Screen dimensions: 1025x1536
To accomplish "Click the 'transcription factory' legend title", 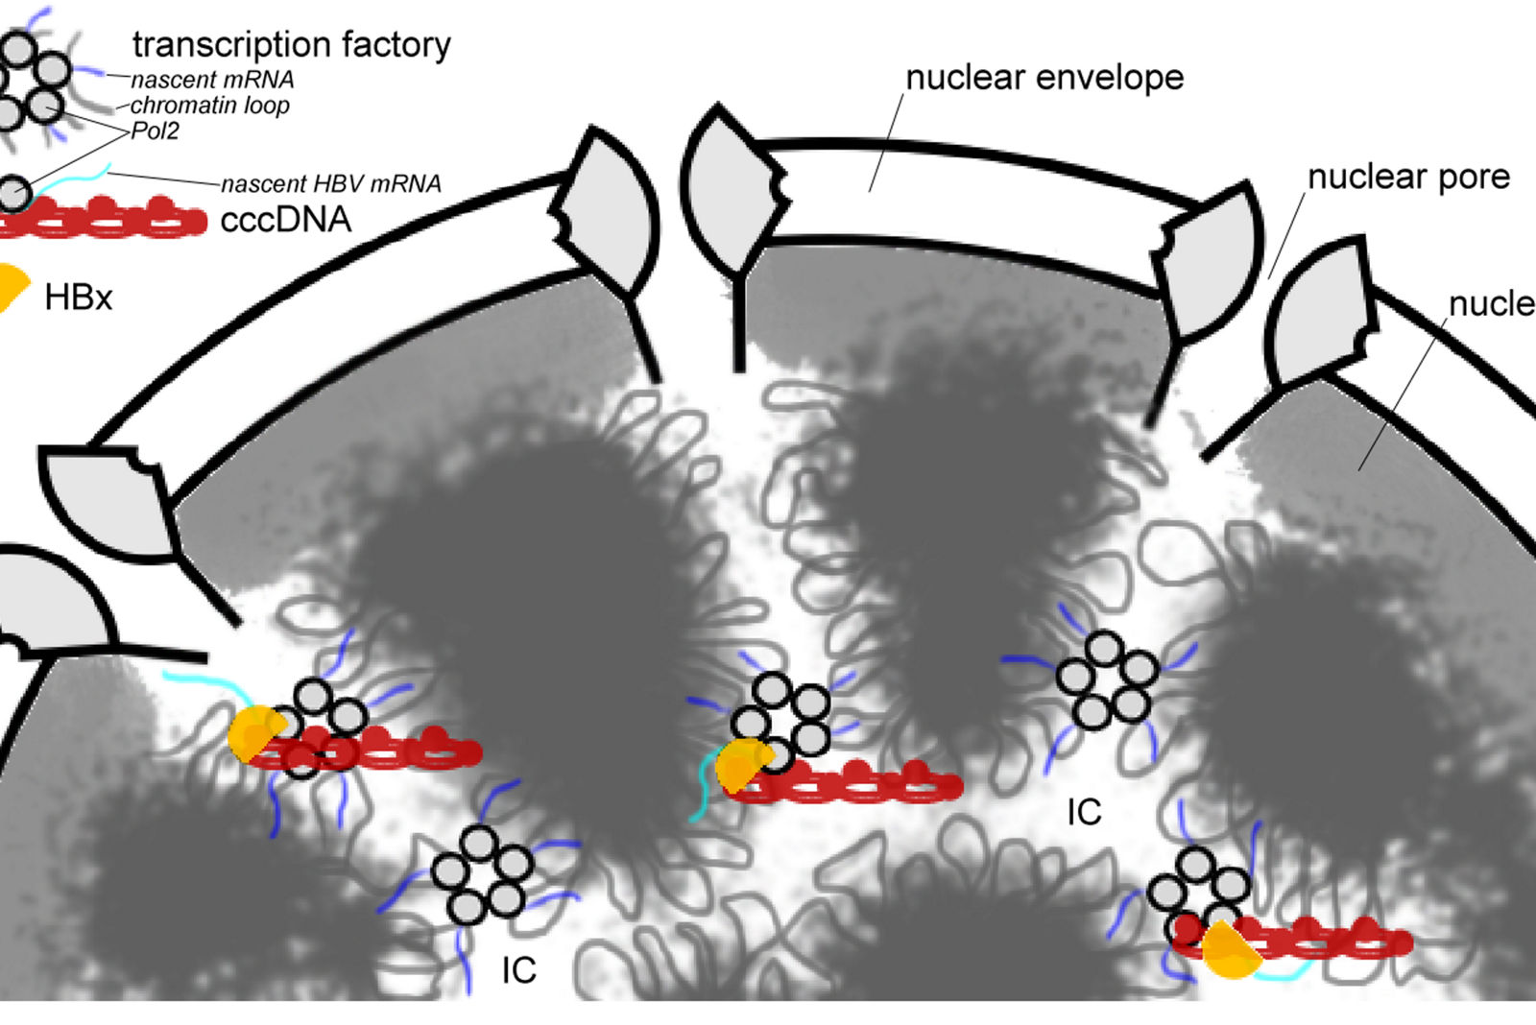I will pyautogui.click(x=291, y=44).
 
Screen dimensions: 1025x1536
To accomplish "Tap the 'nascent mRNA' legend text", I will pyautogui.click(x=212, y=80).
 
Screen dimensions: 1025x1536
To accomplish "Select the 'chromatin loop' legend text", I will pyautogui.click(x=209, y=106).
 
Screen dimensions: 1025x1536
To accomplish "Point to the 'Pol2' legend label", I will pyautogui.click(x=155, y=131).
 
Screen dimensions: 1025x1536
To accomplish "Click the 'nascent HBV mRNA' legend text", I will pyautogui.click(x=331, y=183).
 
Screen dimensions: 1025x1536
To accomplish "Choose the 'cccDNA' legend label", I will pyautogui.click(x=286, y=220).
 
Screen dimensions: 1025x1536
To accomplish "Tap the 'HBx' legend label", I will pyautogui.click(x=79, y=298).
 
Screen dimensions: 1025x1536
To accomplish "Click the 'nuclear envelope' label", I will pyautogui.click(x=1044, y=78).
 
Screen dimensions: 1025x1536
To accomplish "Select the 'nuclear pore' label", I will pyautogui.click(x=1408, y=177).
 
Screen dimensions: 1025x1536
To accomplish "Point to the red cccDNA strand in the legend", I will pyautogui.click(x=106, y=219).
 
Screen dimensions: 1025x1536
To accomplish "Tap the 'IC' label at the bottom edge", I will pyautogui.click(x=518, y=970).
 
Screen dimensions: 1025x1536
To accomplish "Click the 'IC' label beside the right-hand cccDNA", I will pyautogui.click(x=1084, y=813).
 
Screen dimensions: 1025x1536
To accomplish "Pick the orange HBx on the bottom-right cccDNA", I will pyautogui.click(x=1229, y=950).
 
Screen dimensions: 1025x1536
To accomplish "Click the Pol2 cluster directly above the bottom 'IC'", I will pyautogui.click(x=482, y=873).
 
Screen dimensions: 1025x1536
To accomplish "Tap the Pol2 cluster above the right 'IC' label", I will pyautogui.click(x=1108, y=679).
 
